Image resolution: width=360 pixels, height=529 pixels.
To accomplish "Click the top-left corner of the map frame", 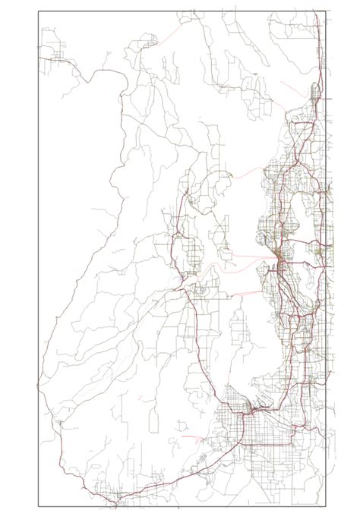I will pos(38,11).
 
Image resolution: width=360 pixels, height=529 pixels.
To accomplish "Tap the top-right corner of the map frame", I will pos(325,11).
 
